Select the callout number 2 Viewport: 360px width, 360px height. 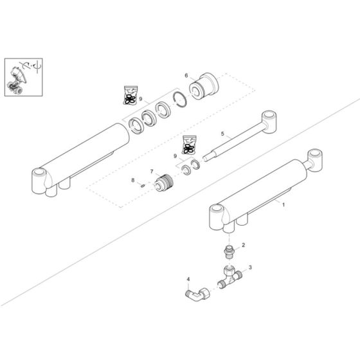[243, 246]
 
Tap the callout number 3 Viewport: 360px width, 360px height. [250, 267]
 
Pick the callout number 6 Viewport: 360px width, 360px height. [186, 75]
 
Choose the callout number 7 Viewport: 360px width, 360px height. [152, 172]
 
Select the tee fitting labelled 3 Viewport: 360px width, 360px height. [231, 278]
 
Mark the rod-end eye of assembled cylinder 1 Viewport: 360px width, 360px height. [316, 158]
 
